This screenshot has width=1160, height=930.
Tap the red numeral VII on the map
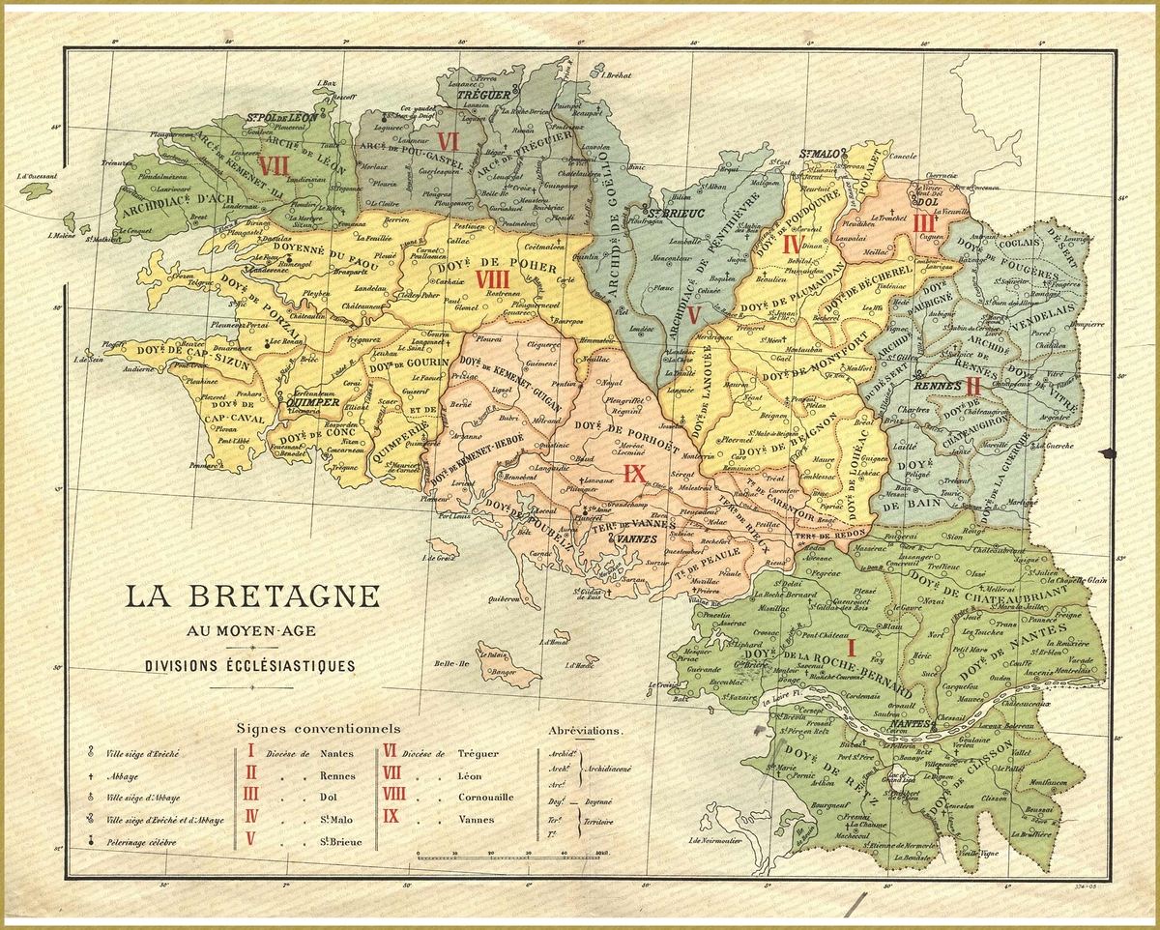click(x=275, y=165)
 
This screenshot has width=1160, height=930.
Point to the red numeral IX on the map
click(x=633, y=473)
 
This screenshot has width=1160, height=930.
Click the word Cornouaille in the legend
click(x=486, y=798)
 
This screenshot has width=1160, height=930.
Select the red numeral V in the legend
click(x=250, y=839)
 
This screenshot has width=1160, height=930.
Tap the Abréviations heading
click(x=586, y=732)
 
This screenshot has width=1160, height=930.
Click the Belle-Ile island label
click(x=450, y=664)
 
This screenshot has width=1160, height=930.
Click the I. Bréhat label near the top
click(x=615, y=74)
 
